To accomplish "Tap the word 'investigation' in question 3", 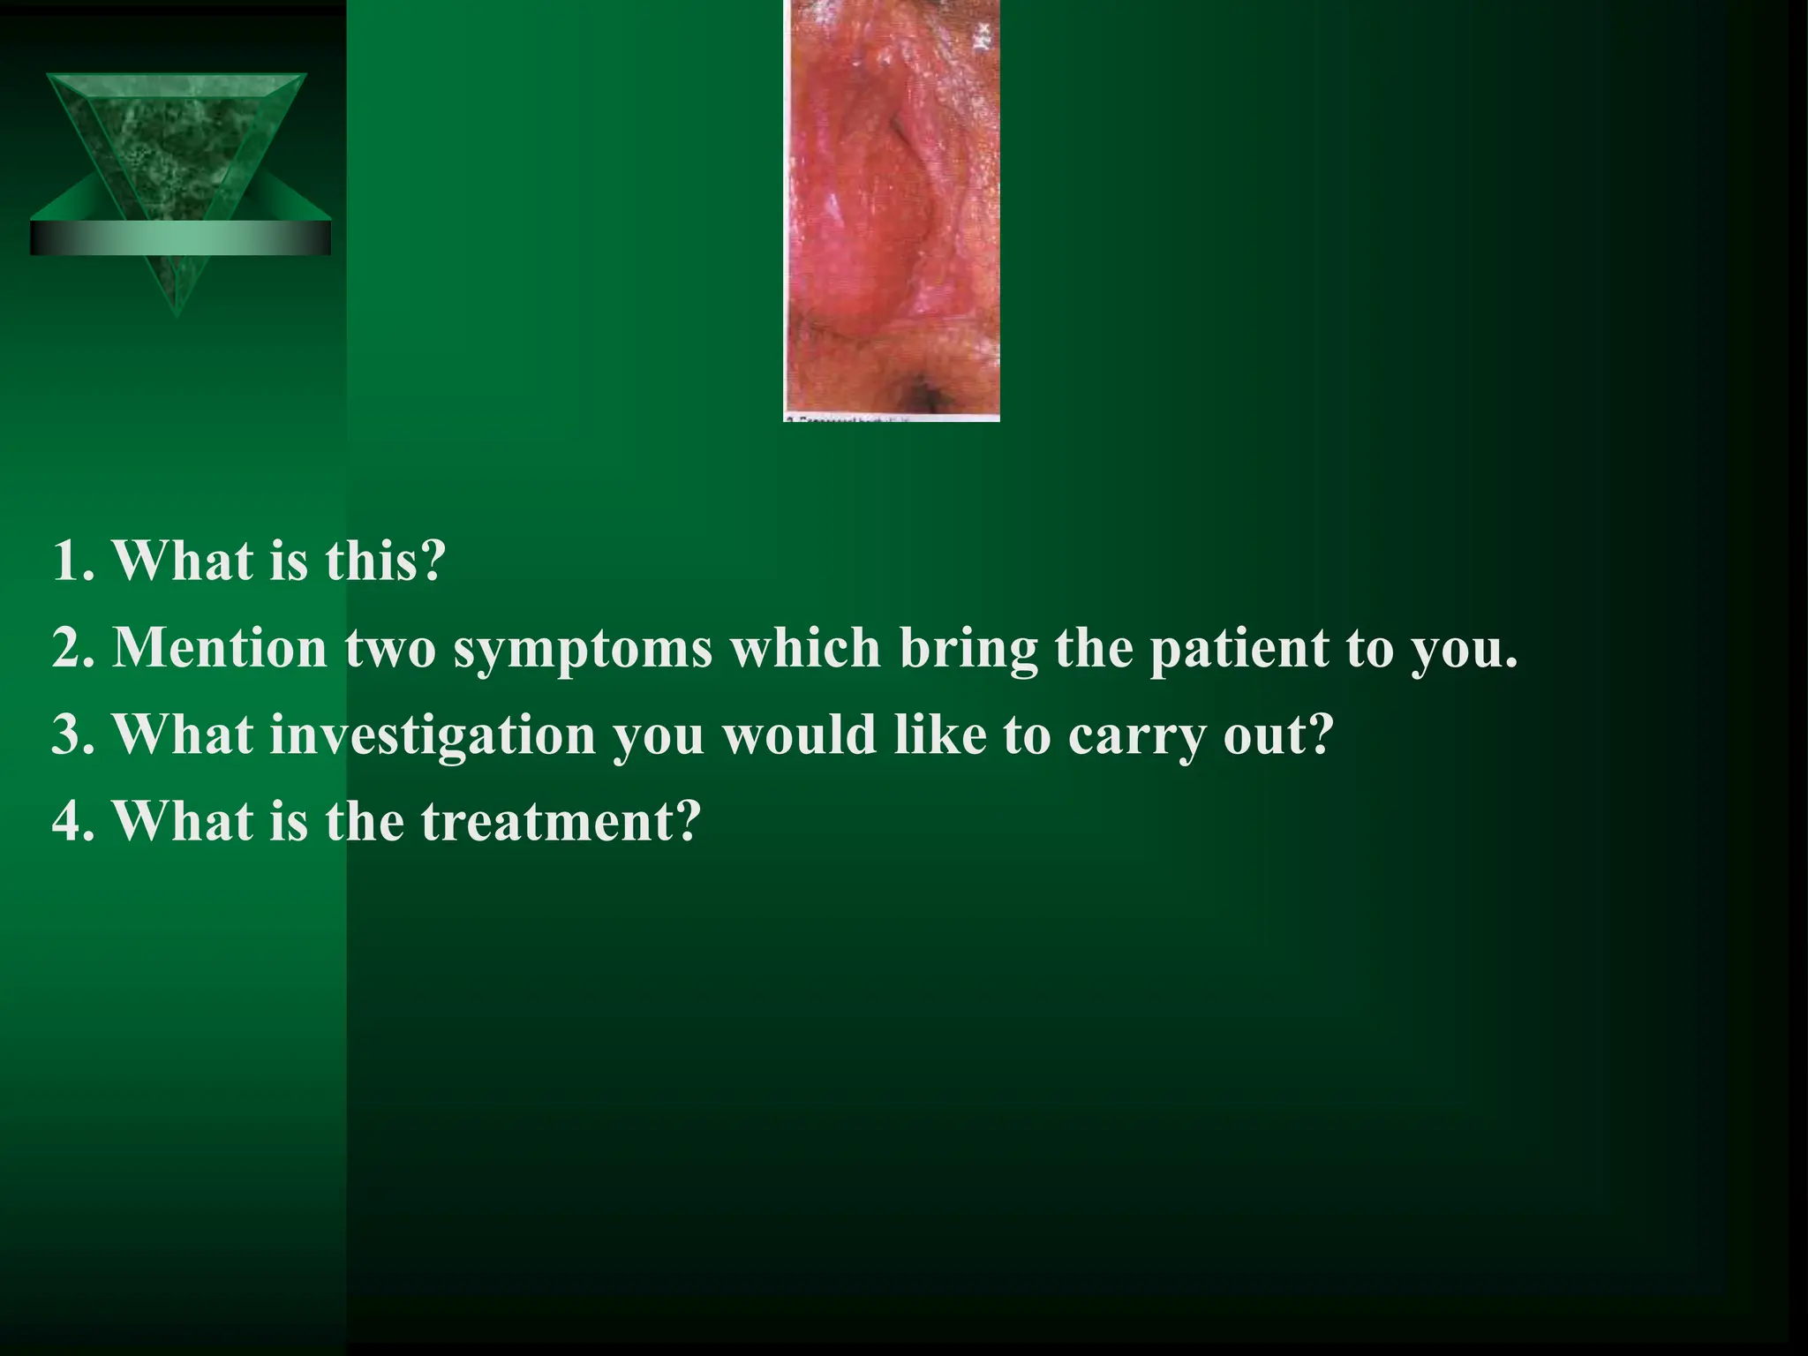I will point(432,735).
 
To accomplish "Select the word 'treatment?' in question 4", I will point(560,821).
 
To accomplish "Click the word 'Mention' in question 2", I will point(220,649).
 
